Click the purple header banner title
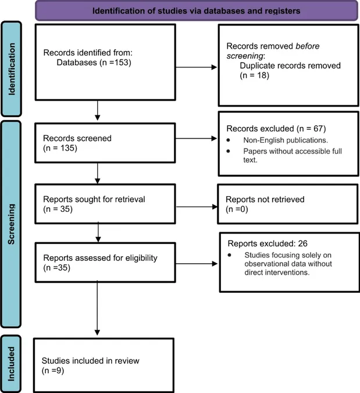(196, 11)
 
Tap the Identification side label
(12, 69)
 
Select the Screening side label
(11, 224)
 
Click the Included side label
(11, 364)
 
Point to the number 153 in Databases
(122, 62)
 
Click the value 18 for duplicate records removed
(261, 76)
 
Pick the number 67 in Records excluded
(319, 129)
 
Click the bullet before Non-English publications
(228, 140)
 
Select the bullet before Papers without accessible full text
(228, 151)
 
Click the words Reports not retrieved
(265, 200)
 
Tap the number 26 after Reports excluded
(302, 243)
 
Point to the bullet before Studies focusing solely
(230, 255)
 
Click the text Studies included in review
(90, 361)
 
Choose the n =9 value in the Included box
(53, 371)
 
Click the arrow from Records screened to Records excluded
(196, 139)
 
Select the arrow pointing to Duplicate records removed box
(196, 67)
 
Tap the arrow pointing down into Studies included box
(97, 308)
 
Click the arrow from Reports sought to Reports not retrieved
(197, 207)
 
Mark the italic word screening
(245, 56)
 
